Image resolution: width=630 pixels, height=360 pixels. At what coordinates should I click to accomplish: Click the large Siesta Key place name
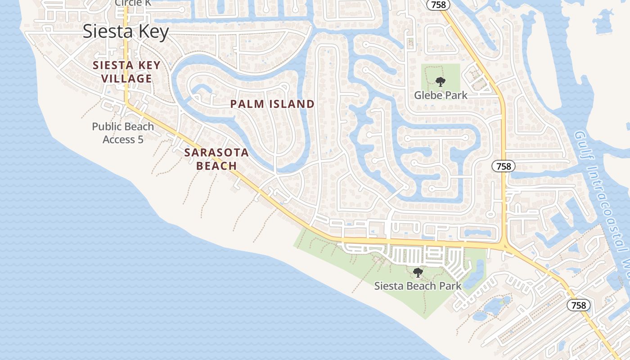point(126,31)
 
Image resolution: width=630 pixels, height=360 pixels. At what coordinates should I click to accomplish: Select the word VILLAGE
point(126,79)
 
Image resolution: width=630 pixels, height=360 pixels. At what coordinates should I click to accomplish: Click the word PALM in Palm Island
point(246,104)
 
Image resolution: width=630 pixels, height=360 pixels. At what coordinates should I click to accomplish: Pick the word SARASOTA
point(216,152)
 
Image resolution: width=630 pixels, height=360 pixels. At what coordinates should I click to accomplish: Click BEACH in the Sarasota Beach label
point(217,166)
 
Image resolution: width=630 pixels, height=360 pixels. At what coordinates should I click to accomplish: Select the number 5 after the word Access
point(140,139)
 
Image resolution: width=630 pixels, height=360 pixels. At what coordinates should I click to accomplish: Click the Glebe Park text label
point(441,95)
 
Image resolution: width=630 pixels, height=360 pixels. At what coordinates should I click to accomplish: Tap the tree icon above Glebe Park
point(440,82)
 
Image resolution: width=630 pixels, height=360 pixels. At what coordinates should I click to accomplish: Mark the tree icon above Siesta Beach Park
point(418,272)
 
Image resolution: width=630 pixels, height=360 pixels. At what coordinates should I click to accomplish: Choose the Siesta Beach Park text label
point(418,286)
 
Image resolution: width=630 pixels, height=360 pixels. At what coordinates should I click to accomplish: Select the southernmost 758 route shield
point(578,306)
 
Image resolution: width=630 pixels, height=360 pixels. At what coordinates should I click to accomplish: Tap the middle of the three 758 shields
point(504,166)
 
